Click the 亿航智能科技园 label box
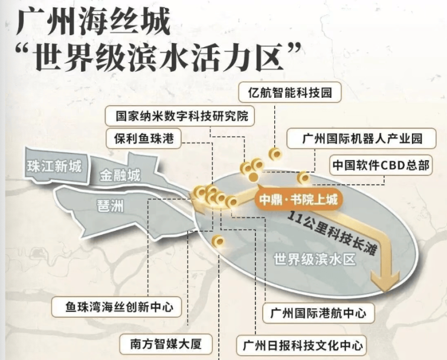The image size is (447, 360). click(289, 92)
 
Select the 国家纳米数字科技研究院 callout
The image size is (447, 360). click(179, 116)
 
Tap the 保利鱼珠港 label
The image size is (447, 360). click(143, 139)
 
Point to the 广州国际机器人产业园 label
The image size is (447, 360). click(361, 138)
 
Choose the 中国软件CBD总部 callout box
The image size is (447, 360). click(381, 165)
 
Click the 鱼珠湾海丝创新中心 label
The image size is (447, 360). click(117, 307)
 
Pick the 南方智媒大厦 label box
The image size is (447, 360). click(166, 344)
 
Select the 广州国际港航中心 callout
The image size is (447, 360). click(318, 313)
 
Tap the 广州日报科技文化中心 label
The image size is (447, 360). click(301, 346)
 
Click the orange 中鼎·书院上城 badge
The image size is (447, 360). click(298, 199)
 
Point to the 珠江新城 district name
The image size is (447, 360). click(54, 166)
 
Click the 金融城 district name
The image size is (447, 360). click(120, 175)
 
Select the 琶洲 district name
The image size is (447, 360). click(111, 205)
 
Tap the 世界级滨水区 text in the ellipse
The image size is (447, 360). click(315, 259)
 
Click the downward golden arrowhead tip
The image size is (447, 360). click(385, 291)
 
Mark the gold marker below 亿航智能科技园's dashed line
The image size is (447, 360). click(275, 154)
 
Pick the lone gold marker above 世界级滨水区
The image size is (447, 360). click(219, 242)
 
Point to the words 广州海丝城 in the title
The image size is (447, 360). click(94, 22)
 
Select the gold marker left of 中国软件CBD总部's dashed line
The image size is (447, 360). click(303, 178)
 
